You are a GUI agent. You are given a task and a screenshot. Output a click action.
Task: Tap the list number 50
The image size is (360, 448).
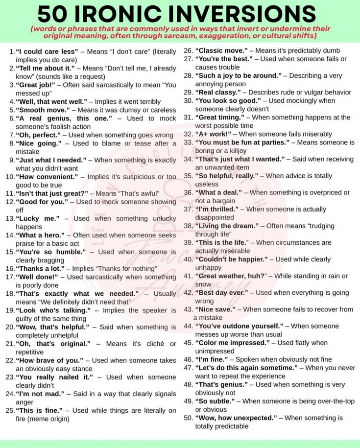click(188, 418)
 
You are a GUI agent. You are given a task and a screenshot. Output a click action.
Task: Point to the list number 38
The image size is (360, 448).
click(188, 226)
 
